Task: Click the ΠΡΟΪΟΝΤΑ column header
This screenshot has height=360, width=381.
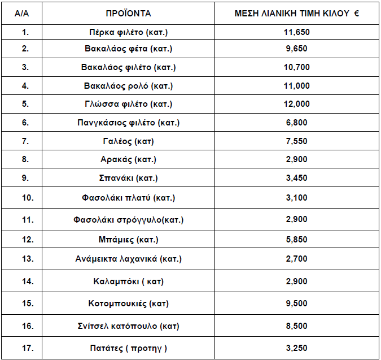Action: tap(128, 13)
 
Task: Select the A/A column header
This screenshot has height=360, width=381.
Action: tap(23, 13)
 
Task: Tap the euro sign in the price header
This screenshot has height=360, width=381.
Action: tap(357, 13)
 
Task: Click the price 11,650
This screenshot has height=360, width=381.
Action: tap(296, 32)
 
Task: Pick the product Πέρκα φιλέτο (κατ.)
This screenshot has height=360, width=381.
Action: tap(128, 32)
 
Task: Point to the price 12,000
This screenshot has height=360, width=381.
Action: tap(296, 104)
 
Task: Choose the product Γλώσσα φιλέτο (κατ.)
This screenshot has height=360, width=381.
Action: tap(128, 104)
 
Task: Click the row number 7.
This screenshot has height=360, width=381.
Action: tap(25, 141)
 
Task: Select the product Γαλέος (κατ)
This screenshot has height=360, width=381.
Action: tap(128, 141)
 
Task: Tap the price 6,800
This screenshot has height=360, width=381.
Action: tap(296, 122)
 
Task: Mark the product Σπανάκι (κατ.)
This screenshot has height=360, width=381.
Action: tap(128, 178)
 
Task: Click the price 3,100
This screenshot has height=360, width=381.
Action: tap(296, 198)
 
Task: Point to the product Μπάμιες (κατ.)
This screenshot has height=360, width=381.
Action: tap(128, 239)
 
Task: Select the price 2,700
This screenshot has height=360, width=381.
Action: tap(296, 259)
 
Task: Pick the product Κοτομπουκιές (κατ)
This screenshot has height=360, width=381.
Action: tap(128, 303)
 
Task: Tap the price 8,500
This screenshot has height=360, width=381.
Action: tap(296, 326)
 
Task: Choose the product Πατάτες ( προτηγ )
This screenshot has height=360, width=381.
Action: tap(128, 347)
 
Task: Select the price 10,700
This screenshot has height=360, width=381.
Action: tap(296, 67)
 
